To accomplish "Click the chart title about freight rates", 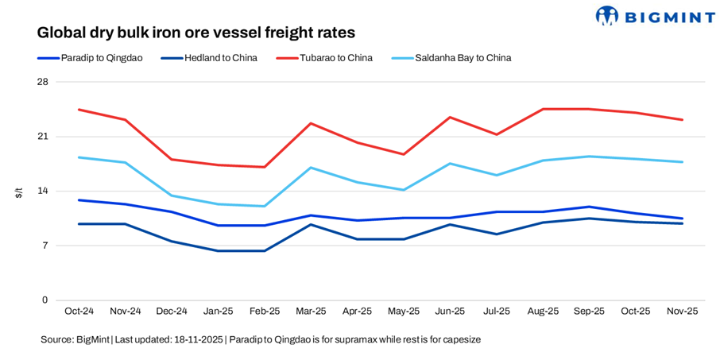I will tap(195, 33).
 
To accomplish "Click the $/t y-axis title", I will tap(19, 192).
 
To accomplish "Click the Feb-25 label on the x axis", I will tap(265, 312).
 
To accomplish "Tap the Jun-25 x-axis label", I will tap(450, 312).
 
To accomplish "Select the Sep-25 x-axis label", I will tap(589, 312).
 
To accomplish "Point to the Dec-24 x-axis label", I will tap(172, 312).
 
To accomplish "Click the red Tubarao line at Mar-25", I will tap(311, 123).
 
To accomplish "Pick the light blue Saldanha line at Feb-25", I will tap(265, 207).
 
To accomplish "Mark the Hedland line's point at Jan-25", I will tap(219, 251).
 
